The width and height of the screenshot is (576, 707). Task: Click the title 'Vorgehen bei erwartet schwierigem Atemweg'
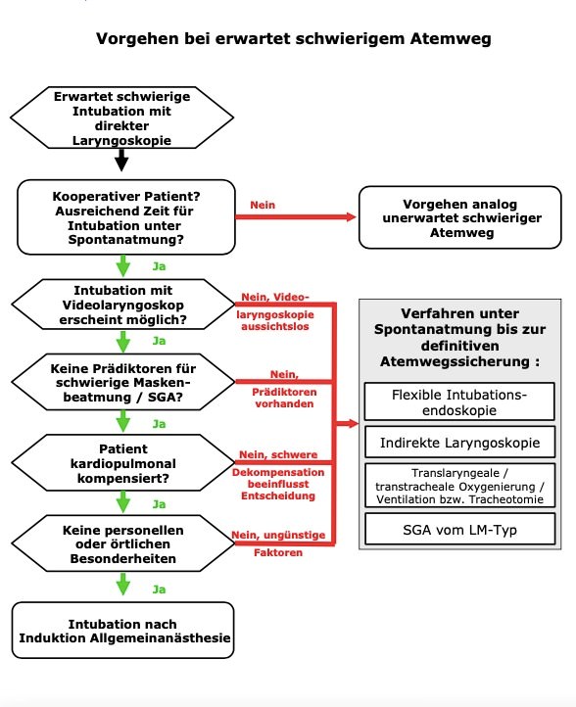pos(294,40)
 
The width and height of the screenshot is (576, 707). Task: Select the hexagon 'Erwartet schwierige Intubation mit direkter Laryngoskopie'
pos(122,118)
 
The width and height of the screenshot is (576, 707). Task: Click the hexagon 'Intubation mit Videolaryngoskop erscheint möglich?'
pos(122,305)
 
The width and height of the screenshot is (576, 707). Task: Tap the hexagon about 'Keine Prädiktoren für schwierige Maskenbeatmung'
pos(122,384)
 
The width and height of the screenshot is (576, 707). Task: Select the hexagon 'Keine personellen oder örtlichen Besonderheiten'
pos(122,544)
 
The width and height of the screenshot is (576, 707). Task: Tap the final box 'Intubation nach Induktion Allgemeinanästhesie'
pos(123,631)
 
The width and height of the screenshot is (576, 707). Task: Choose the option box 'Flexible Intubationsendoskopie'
pos(459,401)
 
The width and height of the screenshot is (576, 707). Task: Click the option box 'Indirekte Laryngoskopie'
pos(459,443)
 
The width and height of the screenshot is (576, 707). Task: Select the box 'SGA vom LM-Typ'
pos(459,529)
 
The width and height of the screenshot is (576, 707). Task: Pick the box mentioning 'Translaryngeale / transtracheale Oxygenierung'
pos(459,486)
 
